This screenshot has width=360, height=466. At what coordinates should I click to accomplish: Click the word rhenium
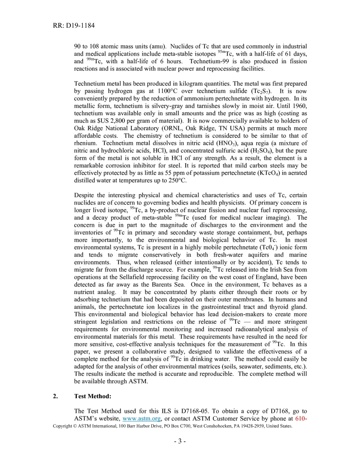[86, 143]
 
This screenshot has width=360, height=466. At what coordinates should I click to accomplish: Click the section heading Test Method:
[92, 396]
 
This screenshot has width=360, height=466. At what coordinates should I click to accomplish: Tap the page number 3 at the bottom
[180, 441]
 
